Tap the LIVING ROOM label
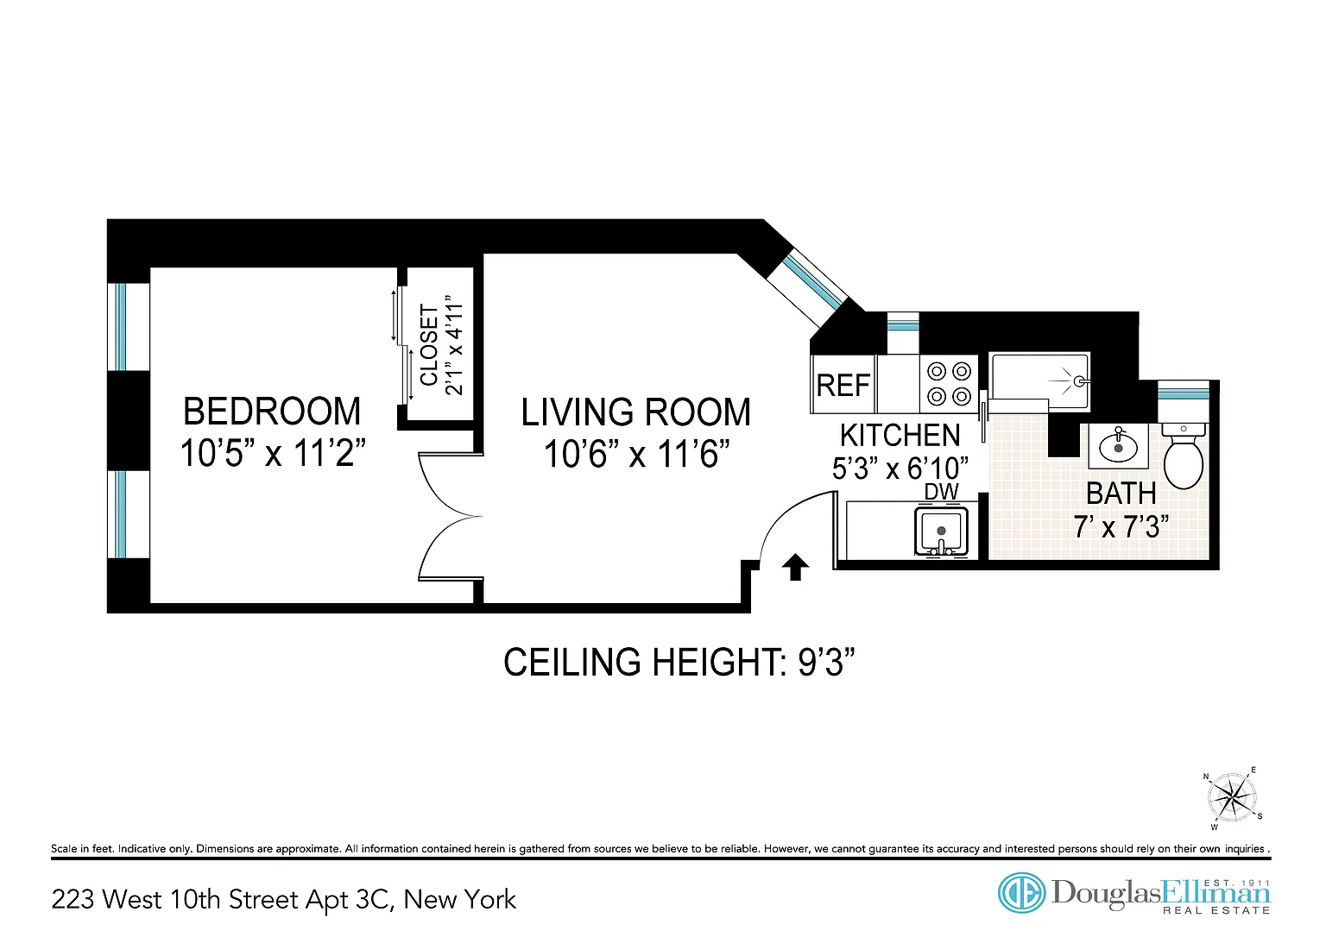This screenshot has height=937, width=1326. (635, 412)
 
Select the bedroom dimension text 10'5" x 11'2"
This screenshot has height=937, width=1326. (273, 453)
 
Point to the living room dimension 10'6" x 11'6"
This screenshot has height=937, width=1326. (636, 455)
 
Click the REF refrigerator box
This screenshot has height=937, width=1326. (843, 385)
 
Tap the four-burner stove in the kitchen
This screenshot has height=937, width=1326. (949, 384)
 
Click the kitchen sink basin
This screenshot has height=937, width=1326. (941, 531)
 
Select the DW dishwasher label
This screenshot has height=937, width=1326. (941, 492)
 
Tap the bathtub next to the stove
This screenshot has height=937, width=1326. (1040, 381)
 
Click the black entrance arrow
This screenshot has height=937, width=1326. (795, 567)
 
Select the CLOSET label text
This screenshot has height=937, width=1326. (429, 345)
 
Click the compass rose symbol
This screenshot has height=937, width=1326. (1232, 797)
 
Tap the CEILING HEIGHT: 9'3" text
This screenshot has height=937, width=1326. (679, 662)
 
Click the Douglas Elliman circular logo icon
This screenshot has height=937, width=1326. (1021, 893)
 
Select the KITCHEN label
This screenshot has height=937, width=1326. (900, 436)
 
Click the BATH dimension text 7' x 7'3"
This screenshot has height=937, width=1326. (1121, 526)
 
